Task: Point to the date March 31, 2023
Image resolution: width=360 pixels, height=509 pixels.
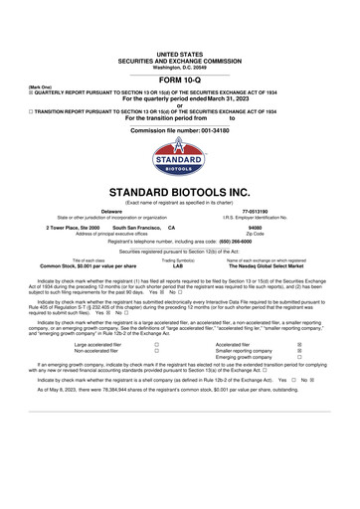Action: point(210,99)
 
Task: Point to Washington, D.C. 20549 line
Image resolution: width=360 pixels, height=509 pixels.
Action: point(180,67)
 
